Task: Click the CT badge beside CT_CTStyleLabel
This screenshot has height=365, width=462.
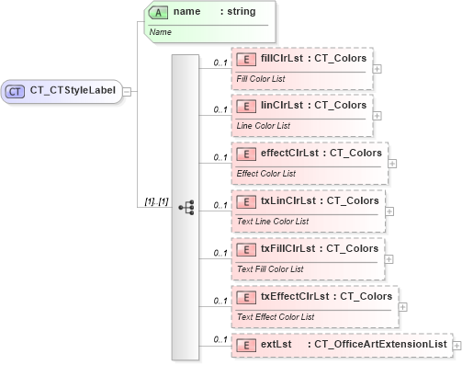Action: pos(16,91)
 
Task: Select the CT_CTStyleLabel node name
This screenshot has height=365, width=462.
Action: pos(72,91)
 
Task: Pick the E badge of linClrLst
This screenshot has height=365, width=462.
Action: pos(246,106)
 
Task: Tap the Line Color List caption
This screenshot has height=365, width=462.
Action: pos(265,124)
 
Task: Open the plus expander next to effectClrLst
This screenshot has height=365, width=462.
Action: pos(392,163)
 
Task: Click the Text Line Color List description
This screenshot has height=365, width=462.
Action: pos(273,220)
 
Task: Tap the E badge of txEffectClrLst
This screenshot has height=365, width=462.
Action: pos(246,297)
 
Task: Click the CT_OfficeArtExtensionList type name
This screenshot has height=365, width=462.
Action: pos(380,344)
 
